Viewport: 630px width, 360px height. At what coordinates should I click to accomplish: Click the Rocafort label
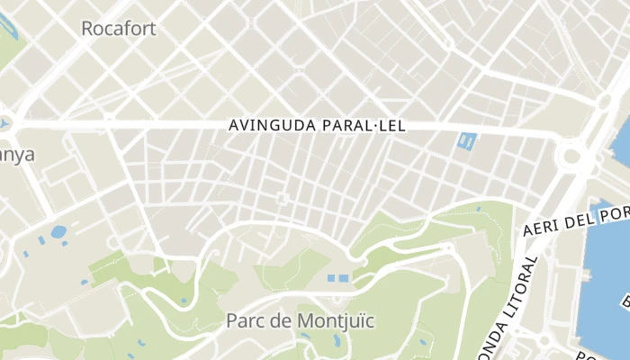[x=118, y=29]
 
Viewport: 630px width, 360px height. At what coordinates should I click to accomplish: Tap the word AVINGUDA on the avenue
[x=271, y=127]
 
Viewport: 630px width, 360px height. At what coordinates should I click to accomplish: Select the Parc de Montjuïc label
[x=300, y=320]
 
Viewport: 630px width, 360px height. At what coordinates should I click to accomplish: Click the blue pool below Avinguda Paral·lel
[x=466, y=141]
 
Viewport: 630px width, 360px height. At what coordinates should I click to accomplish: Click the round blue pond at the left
[x=58, y=231]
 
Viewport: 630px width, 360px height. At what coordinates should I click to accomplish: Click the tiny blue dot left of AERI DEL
[x=478, y=210]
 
